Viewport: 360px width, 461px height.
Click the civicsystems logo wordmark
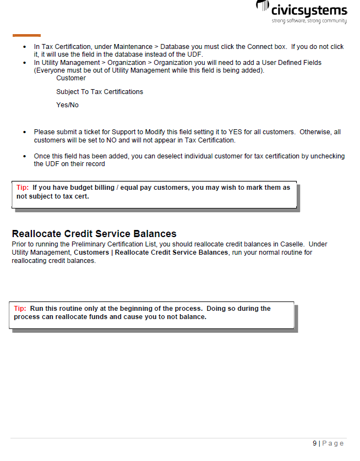308,10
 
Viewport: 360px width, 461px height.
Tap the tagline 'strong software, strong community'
309,21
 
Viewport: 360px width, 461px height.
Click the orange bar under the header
26,35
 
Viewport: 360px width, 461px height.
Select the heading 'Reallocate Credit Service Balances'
94,234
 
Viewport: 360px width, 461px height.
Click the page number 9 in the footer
315,443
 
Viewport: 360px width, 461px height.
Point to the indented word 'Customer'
71,78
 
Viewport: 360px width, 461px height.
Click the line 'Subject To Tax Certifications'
100,92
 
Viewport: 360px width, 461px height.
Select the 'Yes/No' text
67,105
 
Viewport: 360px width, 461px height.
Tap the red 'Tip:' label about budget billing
23,188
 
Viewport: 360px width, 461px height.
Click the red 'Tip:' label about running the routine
20,309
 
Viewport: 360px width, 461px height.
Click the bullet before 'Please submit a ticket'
25,133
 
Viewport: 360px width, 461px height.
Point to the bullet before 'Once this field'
25,157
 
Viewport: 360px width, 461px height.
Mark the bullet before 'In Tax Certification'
25,47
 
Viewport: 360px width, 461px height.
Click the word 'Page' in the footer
332,443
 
